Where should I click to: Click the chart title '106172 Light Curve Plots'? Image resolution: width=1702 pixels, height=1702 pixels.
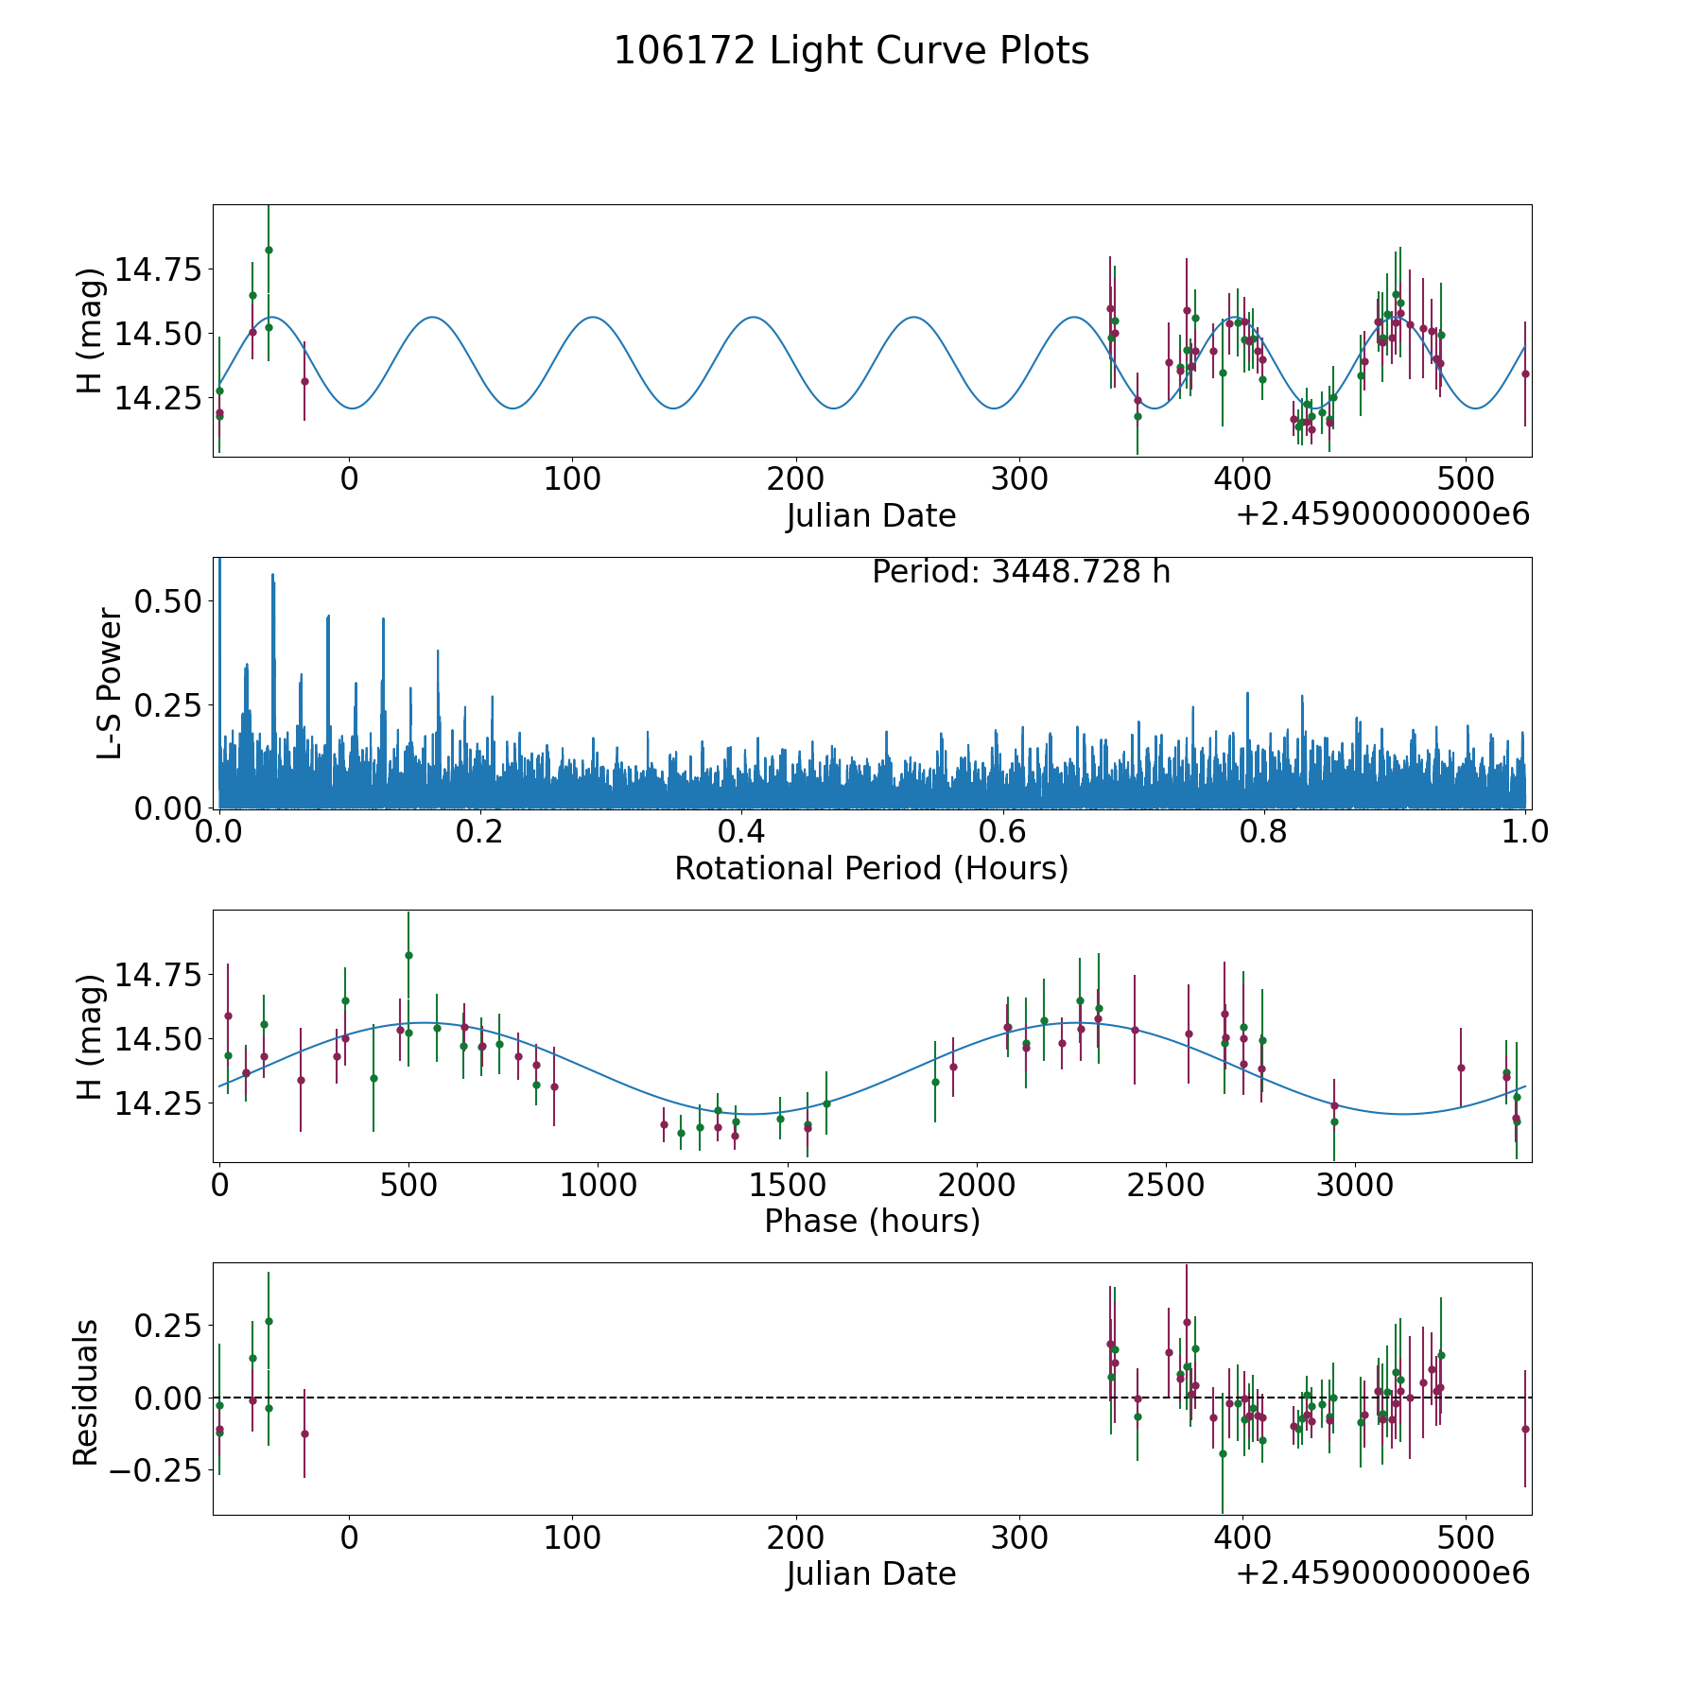pyautogui.click(x=851, y=51)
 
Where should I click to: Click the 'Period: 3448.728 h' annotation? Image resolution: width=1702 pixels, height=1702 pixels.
pyautogui.click(x=1021, y=572)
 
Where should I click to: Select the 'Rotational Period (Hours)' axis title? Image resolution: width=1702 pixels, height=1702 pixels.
pyautogui.click(x=871, y=868)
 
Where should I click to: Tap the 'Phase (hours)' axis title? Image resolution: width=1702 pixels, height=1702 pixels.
pyautogui.click(x=871, y=1221)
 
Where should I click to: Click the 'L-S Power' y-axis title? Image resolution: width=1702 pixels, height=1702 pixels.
pyautogui.click(x=110, y=684)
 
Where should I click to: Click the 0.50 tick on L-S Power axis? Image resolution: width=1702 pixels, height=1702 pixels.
pyautogui.click(x=167, y=601)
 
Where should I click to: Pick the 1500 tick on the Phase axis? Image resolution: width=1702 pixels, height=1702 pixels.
pyautogui.click(x=787, y=1185)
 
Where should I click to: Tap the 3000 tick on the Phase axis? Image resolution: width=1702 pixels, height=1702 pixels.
pyautogui.click(x=1355, y=1185)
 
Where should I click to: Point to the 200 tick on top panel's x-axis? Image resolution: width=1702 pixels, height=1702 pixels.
pyautogui.click(x=795, y=478)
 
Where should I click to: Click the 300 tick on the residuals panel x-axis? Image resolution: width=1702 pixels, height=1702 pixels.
pyautogui.click(x=1019, y=1538)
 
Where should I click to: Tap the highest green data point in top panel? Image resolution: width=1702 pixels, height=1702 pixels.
pyautogui.click(x=269, y=250)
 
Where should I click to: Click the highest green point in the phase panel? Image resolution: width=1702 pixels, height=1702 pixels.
pyautogui.click(x=408, y=955)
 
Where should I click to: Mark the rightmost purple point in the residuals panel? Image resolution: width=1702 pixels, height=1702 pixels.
pyautogui.click(x=1525, y=1429)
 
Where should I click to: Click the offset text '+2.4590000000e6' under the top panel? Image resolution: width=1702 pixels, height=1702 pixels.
pyautogui.click(x=1382, y=514)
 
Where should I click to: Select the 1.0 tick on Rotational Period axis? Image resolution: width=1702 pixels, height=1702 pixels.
pyautogui.click(x=1525, y=832)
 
